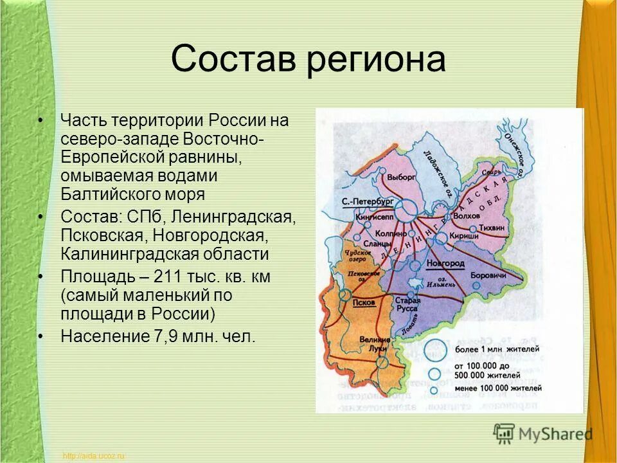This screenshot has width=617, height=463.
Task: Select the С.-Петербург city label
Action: coord(367,201)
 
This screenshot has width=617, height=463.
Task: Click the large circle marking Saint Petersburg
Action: coord(406,209)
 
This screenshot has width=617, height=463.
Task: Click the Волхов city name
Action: coord(467,216)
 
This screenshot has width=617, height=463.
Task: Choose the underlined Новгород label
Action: coord(445,264)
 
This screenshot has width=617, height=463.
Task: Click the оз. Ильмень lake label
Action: coord(439,283)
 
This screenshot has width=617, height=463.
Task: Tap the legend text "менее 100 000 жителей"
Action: coord(497,388)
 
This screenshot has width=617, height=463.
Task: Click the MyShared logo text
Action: coord(555,434)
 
